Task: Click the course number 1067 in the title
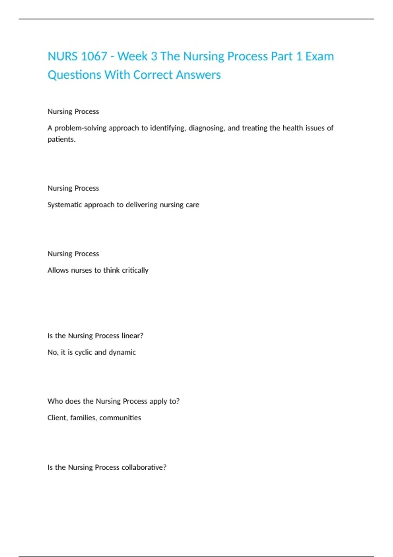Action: (94, 56)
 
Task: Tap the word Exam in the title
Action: (319, 56)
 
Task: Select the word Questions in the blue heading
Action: (74, 75)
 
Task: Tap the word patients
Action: (62, 139)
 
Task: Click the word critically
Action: (135, 270)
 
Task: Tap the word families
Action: (84, 418)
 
